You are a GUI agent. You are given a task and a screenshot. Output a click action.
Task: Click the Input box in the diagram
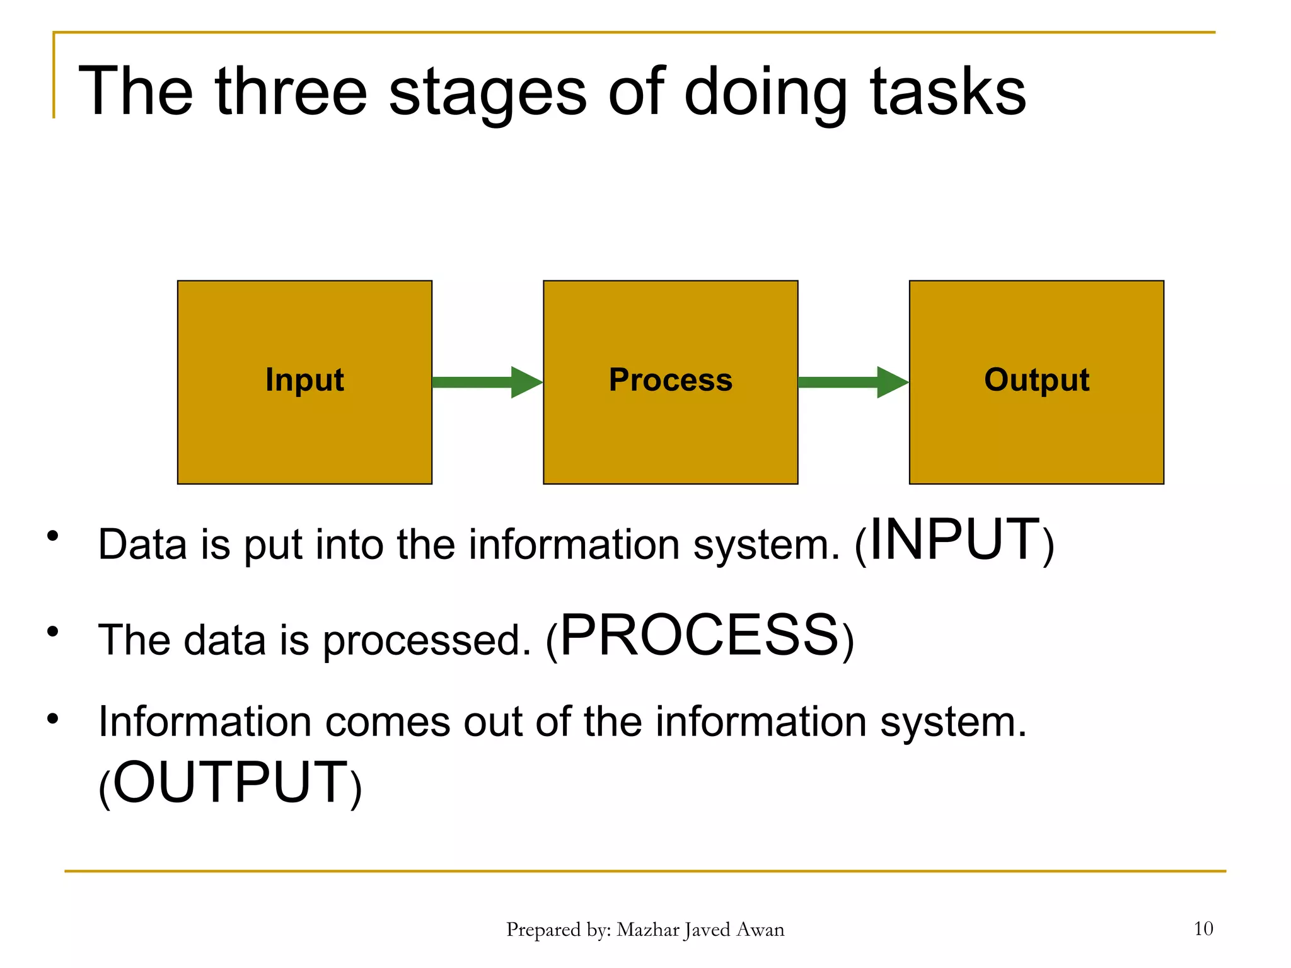(x=304, y=382)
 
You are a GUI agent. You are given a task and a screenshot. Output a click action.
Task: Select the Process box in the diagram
(x=670, y=382)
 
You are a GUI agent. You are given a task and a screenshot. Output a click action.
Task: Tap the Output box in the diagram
(x=1036, y=382)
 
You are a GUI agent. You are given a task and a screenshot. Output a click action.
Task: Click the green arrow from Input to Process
(x=487, y=382)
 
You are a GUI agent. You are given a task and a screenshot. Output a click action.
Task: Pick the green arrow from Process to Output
(x=852, y=382)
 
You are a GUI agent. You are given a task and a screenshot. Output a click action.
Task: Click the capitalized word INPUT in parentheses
(x=954, y=539)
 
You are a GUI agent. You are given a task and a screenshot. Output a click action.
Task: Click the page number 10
(x=1203, y=928)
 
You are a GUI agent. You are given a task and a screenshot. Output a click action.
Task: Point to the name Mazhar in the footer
(x=647, y=930)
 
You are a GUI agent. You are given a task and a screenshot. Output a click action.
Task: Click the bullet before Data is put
(x=53, y=536)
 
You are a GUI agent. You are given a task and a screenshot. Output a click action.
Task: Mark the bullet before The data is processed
(x=53, y=631)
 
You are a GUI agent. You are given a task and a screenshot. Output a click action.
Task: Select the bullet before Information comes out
(x=53, y=718)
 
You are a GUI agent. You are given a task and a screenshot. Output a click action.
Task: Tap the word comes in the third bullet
(x=387, y=722)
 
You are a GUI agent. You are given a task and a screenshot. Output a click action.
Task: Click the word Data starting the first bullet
(x=142, y=544)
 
